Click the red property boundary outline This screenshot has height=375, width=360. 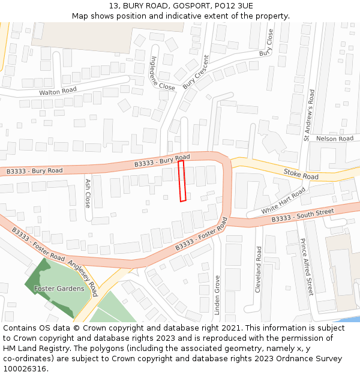(182, 181)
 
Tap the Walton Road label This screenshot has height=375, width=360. (58, 91)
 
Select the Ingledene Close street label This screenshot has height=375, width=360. (163, 73)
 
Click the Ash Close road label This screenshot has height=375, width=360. (88, 192)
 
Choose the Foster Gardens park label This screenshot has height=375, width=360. (59, 289)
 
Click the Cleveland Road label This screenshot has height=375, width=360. (259, 269)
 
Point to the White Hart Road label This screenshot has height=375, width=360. (283, 201)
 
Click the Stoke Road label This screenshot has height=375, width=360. (301, 173)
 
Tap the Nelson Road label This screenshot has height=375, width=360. (335, 139)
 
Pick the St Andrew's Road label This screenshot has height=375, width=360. (309, 116)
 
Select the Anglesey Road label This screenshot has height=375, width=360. (82, 278)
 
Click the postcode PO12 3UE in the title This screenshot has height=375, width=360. (232, 6)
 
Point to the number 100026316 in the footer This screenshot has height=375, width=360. (25, 368)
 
